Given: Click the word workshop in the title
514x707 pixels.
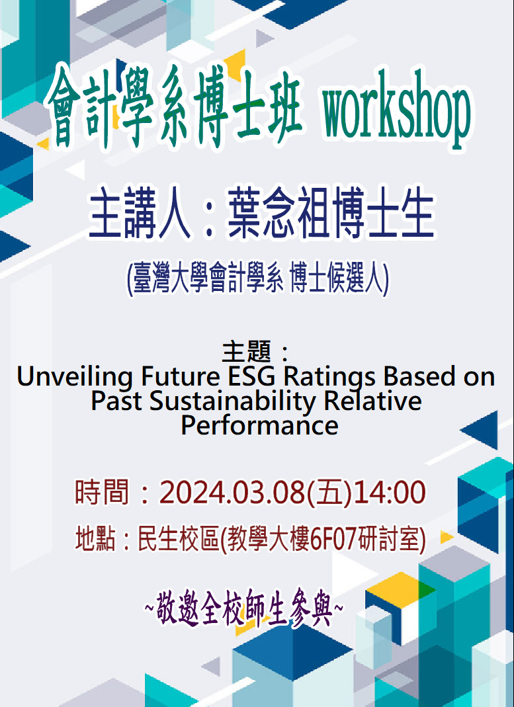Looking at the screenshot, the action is pyautogui.click(x=397, y=109).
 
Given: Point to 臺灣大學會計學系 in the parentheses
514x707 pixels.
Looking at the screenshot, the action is pyautogui.click(x=210, y=280).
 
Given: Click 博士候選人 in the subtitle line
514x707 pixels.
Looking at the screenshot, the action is pyautogui.click(x=338, y=280).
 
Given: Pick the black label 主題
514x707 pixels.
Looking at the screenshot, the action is pyautogui.click(x=247, y=352).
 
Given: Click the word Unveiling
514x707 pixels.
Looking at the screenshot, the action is pyautogui.click(x=74, y=378).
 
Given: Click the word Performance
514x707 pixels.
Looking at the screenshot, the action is pyautogui.click(x=259, y=425).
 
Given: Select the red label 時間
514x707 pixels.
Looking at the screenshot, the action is pyautogui.click(x=102, y=492).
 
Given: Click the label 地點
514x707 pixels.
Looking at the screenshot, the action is pyautogui.click(x=95, y=540).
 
